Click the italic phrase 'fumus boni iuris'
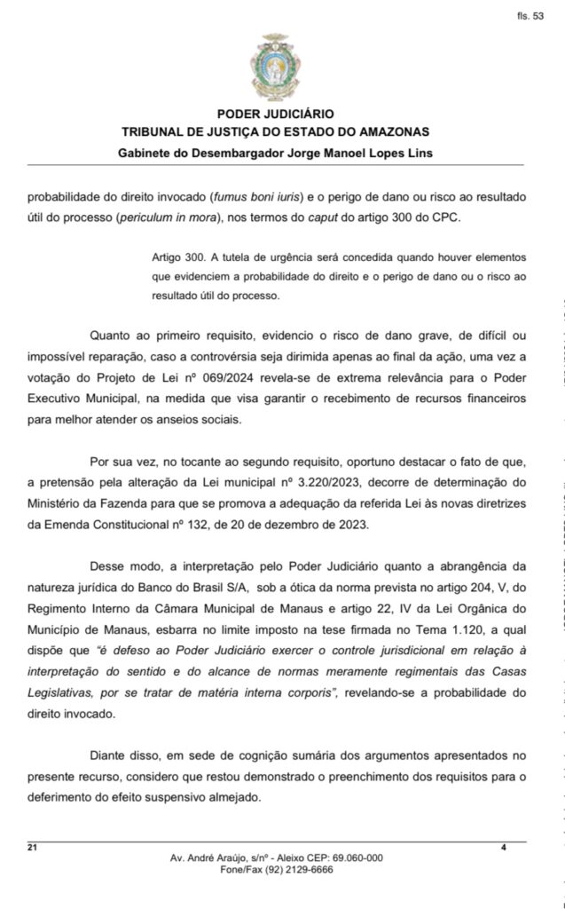point(254,198)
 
